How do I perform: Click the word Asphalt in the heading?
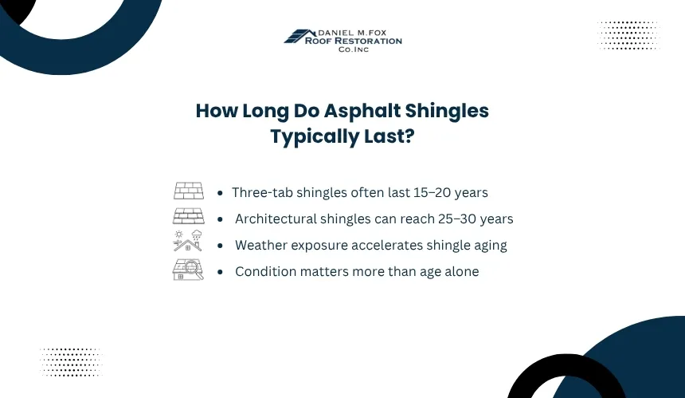click(362, 112)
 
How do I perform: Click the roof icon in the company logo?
click(299, 36)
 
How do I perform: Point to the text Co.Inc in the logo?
click(354, 49)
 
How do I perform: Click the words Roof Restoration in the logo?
click(353, 41)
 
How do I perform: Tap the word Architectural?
click(276, 219)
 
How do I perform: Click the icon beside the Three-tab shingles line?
click(189, 191)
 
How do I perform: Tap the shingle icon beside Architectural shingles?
click(189, 216)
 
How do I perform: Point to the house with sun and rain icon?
click(188, 241)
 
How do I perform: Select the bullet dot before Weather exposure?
click(220, 246)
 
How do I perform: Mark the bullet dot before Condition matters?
click(220, 272)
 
